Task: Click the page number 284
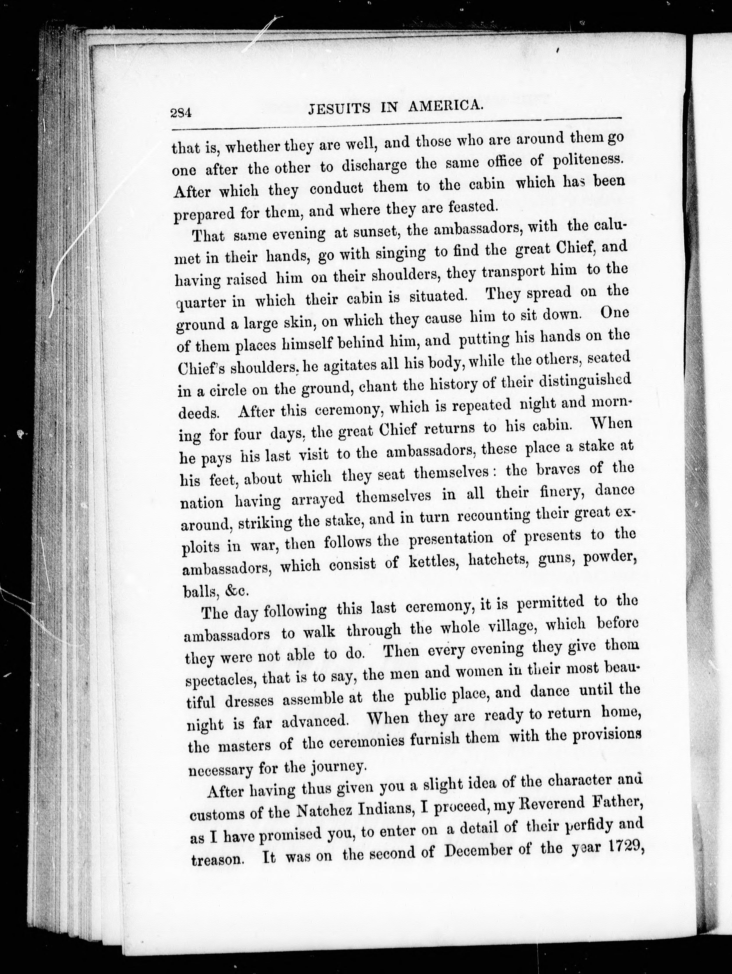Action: click(x=181, y=113)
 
